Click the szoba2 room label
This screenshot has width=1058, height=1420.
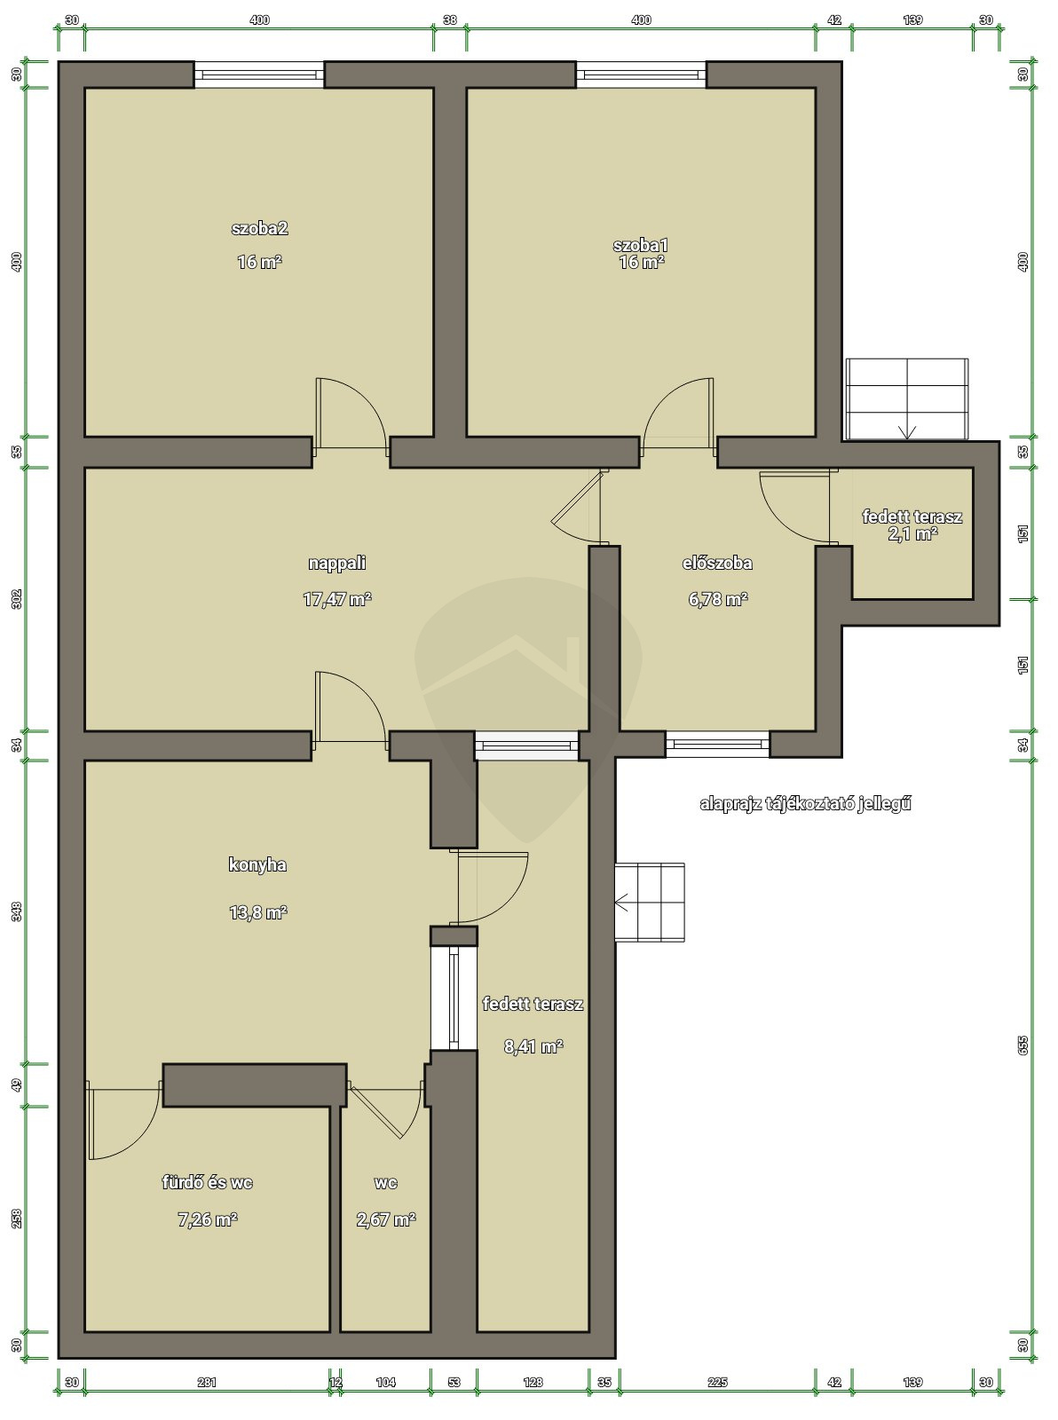pyautogui.click(x=259, y=229)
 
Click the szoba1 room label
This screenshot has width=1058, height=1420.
pyautogui.click(x=641, y=245)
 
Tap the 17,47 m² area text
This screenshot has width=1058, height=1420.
pyautogui.click(x=337, y=599)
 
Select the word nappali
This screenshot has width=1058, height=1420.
pyautogui.click(x=337, y=564)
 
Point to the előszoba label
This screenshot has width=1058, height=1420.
pyautogui.click(x=717, y=564)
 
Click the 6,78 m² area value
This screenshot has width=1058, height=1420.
pyautogui.click(x=718, y=599)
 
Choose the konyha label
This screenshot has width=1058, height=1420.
pyautogui.click(x=257, y=865)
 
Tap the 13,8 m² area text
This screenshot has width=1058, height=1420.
pyautogui.click(x=257, y=912)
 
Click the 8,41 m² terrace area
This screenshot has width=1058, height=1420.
pyautogui.click(x=533, y=1046)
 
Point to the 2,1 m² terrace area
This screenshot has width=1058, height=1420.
pyautogui.click(x=912, y=534)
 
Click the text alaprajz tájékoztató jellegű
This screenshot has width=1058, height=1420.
pyautogui.click(x=805, y=804)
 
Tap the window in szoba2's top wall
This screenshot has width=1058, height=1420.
pyautogui.click(x=259, y=75)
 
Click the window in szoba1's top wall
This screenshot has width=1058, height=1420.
pyautogui.click(x=641, y=75)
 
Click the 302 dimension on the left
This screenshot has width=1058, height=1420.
pyautogui.click(x=17, y=598)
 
